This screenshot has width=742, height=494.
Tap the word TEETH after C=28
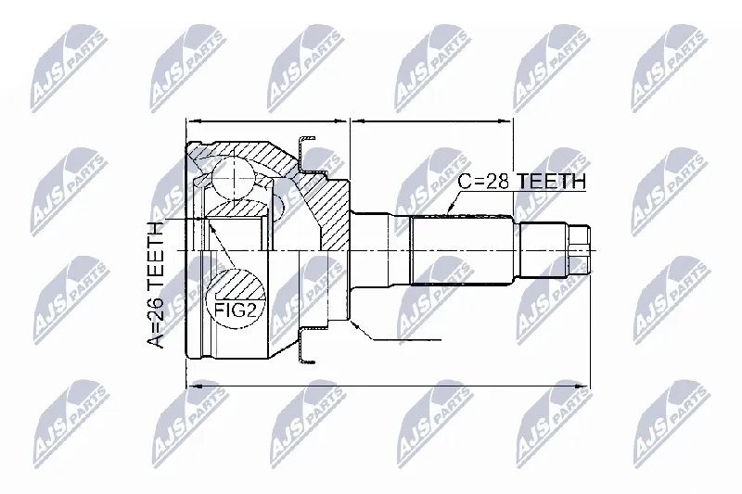coord(550,181)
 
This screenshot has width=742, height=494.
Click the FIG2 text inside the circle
coord(236,310)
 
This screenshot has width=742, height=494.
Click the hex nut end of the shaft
coord(579,249)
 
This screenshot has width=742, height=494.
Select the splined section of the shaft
coord(461,250)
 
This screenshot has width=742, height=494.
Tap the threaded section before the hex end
coord(544,249)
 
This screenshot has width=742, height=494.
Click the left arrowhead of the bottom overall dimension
coord(194,386)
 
